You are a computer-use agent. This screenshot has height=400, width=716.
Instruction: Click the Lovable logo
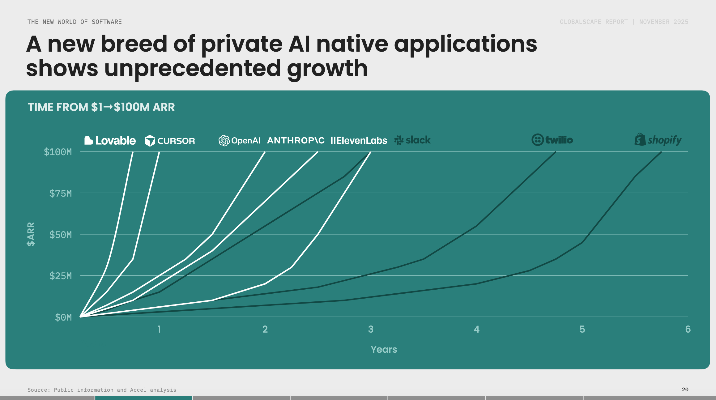(110, 141)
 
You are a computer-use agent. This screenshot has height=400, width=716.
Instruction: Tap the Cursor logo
(170, 141)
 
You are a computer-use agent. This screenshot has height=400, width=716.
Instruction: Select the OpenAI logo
(239, 141)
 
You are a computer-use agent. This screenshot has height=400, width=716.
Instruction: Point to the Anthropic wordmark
(296, 140)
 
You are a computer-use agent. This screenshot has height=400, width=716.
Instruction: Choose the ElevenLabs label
(359, 141)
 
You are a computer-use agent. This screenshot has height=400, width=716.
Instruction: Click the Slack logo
(412, 140)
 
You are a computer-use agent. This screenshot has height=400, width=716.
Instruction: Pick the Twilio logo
(552, 140)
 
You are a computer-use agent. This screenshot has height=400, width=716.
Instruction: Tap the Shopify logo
(658, 140)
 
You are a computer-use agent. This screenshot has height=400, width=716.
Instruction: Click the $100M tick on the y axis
(58, 152)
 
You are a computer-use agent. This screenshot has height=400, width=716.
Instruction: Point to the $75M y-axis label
(61, 193)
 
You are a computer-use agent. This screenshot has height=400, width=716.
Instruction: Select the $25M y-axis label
(61, 276)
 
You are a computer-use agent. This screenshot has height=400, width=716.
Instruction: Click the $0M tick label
(63, 317)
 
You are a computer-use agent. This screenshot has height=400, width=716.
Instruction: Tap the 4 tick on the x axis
(476, 329)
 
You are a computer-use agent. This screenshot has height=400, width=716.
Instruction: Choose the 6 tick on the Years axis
(688, 329)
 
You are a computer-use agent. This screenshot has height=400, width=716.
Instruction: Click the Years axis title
(384, 349)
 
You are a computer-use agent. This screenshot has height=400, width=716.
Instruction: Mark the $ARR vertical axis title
(31, 234)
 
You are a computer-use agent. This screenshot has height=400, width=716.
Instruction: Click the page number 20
(685, 389)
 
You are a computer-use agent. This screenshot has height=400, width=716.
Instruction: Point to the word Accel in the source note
(138, 390)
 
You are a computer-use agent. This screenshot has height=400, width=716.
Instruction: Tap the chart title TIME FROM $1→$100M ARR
(101, 107)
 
